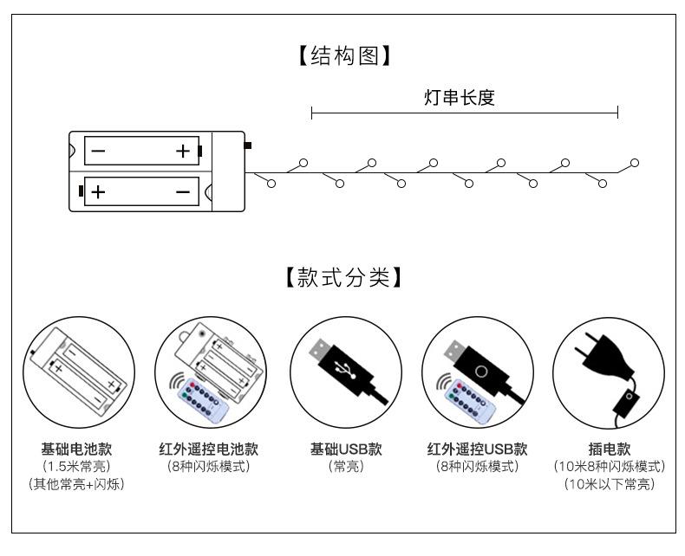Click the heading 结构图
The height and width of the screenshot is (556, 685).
tap(342, 56)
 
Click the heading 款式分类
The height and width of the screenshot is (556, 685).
tap(342, 279)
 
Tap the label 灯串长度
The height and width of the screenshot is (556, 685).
tap(464, 98)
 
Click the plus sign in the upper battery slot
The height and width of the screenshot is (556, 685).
tap(183, 152)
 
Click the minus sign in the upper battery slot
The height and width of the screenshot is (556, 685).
tap(98, 152)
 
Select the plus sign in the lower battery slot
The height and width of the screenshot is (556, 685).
tap(98, 191)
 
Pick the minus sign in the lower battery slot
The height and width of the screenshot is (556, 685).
tap(183, 191)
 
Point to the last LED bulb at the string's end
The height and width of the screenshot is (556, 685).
tap(635, 163)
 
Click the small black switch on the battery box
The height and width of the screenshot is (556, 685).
tap(248, 145)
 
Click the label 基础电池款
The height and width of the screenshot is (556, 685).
tap(77, 449)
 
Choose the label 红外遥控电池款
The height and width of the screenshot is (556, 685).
tap(208, 449)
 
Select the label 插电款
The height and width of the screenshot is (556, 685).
tap(609, 449)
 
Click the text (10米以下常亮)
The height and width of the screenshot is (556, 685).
tap(609, 484)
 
